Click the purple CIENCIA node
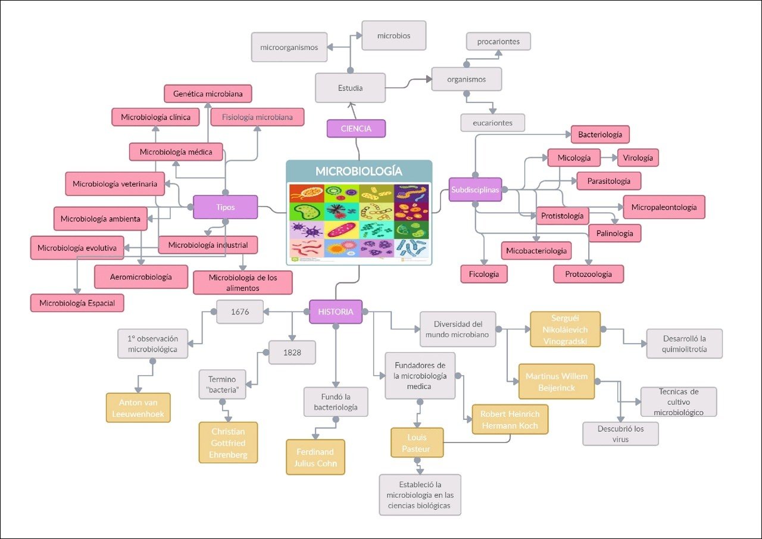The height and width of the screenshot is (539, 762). tap(356, 129)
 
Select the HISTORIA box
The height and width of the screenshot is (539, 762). tap(336, 311)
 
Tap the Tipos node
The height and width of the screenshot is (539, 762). tap(226, 207)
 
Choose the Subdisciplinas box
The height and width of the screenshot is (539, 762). tap(475, 190)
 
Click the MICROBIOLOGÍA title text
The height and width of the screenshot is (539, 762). tap(359, 172)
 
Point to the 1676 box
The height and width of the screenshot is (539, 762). tap(240, 311)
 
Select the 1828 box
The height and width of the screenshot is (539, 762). tap(292, 352)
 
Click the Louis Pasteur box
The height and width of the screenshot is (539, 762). tap(417, 443)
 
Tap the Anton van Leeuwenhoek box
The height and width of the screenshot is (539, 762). tap(138, 408)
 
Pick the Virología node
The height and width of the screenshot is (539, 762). tap(638, 158)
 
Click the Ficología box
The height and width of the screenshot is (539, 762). tap(484, 274)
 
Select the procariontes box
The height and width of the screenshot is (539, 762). tap(498, 42)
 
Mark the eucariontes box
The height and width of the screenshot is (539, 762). tap(493, 123)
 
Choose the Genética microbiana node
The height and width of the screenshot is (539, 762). tap(208, 94)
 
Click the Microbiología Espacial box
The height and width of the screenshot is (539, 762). tap(77, 303)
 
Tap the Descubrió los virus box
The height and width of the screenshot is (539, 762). tap(620, 434)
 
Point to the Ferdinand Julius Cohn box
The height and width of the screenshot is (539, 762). tap(316, 457)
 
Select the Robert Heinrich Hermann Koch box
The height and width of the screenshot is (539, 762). tap(510, 419)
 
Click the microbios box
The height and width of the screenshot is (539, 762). tap(394, 36)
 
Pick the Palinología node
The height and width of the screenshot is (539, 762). tap(615, 233)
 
